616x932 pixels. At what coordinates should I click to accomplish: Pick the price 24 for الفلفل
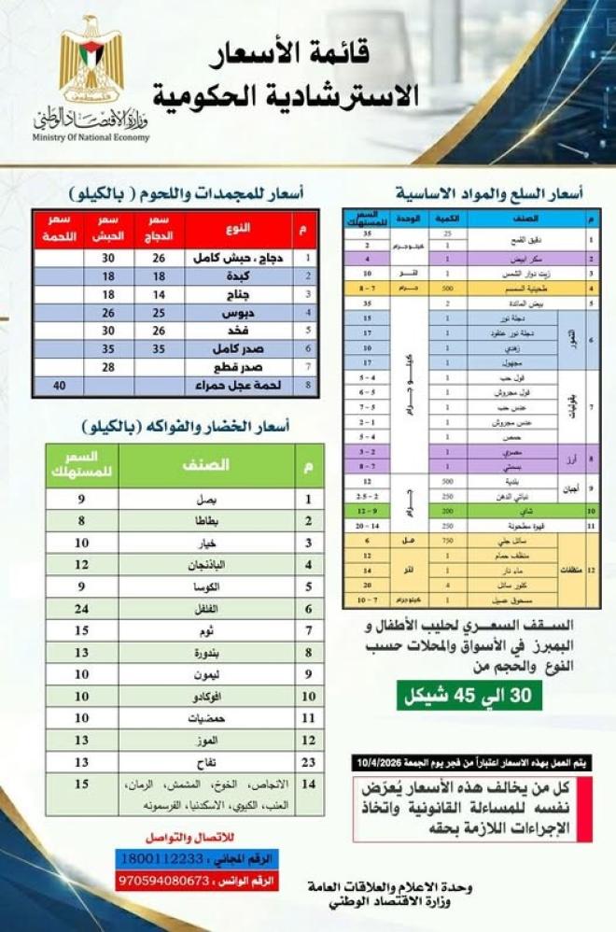(x=82, y=608)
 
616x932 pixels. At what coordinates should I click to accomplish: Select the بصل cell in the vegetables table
(x=207, y=500)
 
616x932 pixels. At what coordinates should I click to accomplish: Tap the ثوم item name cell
(x=207, y=630)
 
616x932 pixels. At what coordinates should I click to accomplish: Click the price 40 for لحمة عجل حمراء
(x=60, y=383)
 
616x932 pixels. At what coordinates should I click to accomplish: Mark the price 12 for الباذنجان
(x=82, y=565)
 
